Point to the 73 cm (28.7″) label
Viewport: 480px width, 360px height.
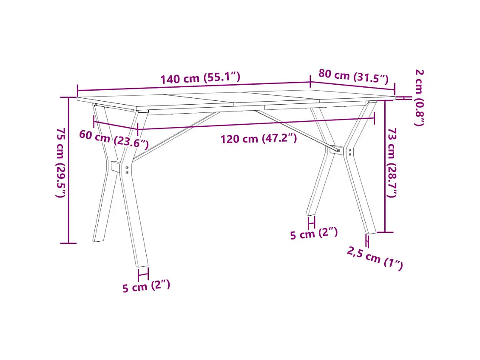point(392,163)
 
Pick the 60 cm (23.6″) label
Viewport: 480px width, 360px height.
point(114,139)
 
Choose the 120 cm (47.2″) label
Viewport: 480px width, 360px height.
point(258,139)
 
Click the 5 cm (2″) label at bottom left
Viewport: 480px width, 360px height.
point(146,286)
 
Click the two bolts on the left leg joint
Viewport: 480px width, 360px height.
point(127,169)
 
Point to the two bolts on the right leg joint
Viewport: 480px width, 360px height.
point(349,152)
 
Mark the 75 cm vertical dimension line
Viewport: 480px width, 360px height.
point(68,170)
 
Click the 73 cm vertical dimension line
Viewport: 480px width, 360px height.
point(385,166)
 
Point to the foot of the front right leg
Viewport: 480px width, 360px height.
point(370,230)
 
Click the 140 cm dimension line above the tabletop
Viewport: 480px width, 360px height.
point(193,86)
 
